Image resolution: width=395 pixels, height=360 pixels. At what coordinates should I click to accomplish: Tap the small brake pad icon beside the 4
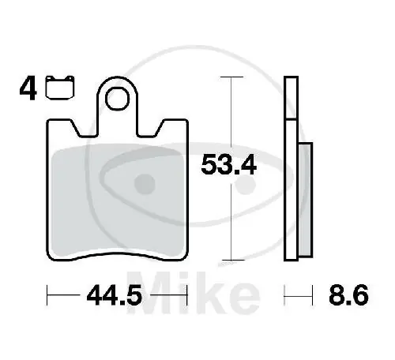tap(55, 90)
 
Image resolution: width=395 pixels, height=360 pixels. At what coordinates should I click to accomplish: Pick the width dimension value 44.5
tap(117, 298)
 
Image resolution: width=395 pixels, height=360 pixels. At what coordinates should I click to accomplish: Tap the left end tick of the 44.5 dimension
tap(49, 298)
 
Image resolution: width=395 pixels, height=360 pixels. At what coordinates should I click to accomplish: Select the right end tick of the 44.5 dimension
tap(186, 298)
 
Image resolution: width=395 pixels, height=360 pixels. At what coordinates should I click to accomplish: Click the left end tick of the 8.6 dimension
tap(285, 298)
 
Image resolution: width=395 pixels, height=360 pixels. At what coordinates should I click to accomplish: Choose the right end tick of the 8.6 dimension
tap(310, 298)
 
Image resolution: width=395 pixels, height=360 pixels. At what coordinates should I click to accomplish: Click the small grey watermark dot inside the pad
tap(145, 184)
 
